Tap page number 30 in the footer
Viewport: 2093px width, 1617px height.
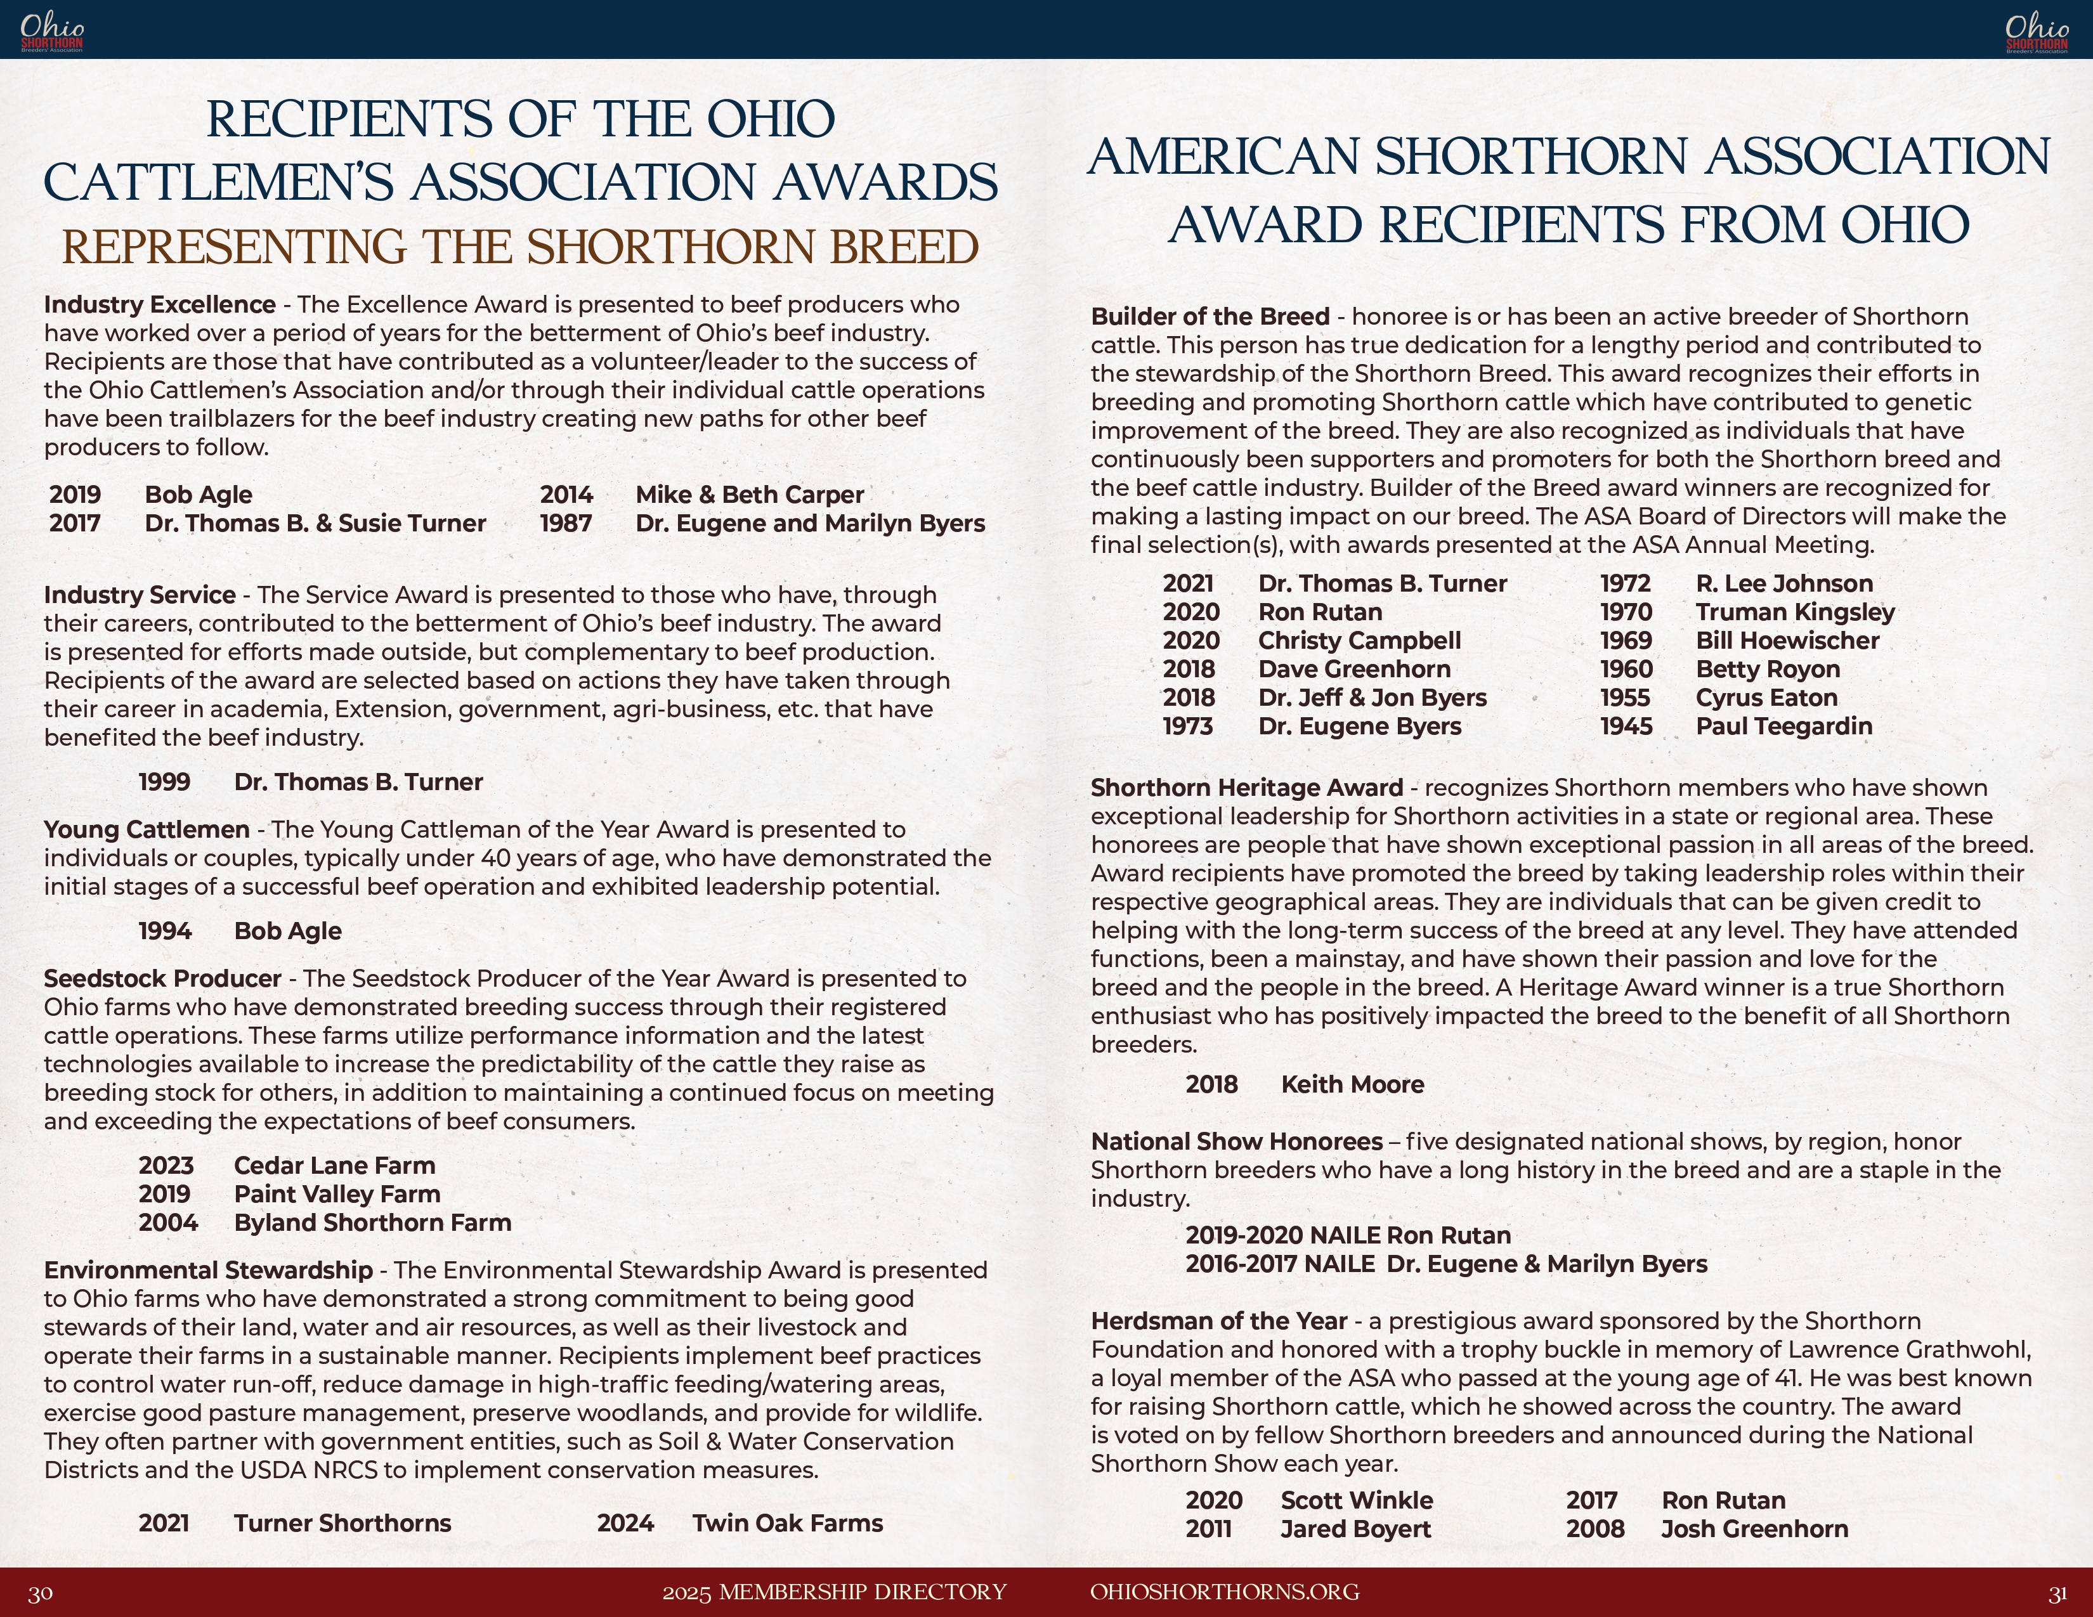[x=40, y=1593]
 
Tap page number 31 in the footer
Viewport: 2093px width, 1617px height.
[x=2057, y=1593]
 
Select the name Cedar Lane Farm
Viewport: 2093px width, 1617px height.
[x=334, y=1166]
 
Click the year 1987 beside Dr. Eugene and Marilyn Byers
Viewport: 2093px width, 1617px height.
[x=565, y=524]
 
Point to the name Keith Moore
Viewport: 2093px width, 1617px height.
[x=1352, y=1084]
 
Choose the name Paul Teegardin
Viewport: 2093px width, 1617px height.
[x=1783, y=726]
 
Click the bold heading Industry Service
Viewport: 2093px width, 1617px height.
[x=140, y=595]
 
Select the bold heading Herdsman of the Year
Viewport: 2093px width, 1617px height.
[x=1219, y=1321]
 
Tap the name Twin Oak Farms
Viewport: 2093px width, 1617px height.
[x=788, y=1523]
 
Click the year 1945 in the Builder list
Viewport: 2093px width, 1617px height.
[x=1626, y=726]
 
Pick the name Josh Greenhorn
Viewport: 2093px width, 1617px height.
[x=1754, y=1529]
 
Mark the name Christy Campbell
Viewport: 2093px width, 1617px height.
[x=1359, y=641]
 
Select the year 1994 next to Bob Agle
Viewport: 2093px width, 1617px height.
[x=165, y=931]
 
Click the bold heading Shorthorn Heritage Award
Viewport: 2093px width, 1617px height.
[x=1247, y=788]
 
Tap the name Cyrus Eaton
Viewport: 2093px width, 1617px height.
[x=1766, y=698]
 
